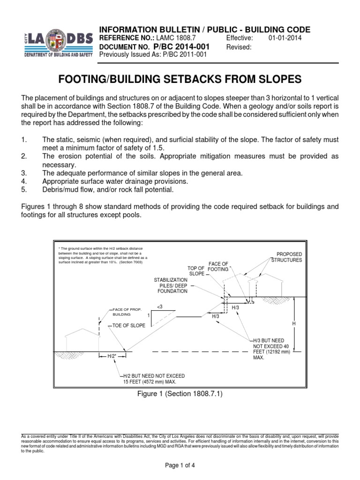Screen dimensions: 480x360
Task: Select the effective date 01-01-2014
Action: pyautogui.click(x=285, y=38)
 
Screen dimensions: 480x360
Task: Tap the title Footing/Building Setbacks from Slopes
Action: pyautogui.click(x=180, y=80)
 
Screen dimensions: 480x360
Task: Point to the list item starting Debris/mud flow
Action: pyautogui.click(x=108, y=190)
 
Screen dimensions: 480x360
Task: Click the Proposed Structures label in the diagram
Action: pyautogui.click(x=286, y=257)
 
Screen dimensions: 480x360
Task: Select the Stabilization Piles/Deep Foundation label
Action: pyautogui.click(x=172, y=285)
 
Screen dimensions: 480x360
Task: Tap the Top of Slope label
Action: pyautogui.click(x=196, y=270)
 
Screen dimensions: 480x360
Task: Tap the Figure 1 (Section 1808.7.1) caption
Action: pyautogui.click(x=180, y=394)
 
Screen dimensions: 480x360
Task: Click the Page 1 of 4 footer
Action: pyautogui.click(x=180, y=466)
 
